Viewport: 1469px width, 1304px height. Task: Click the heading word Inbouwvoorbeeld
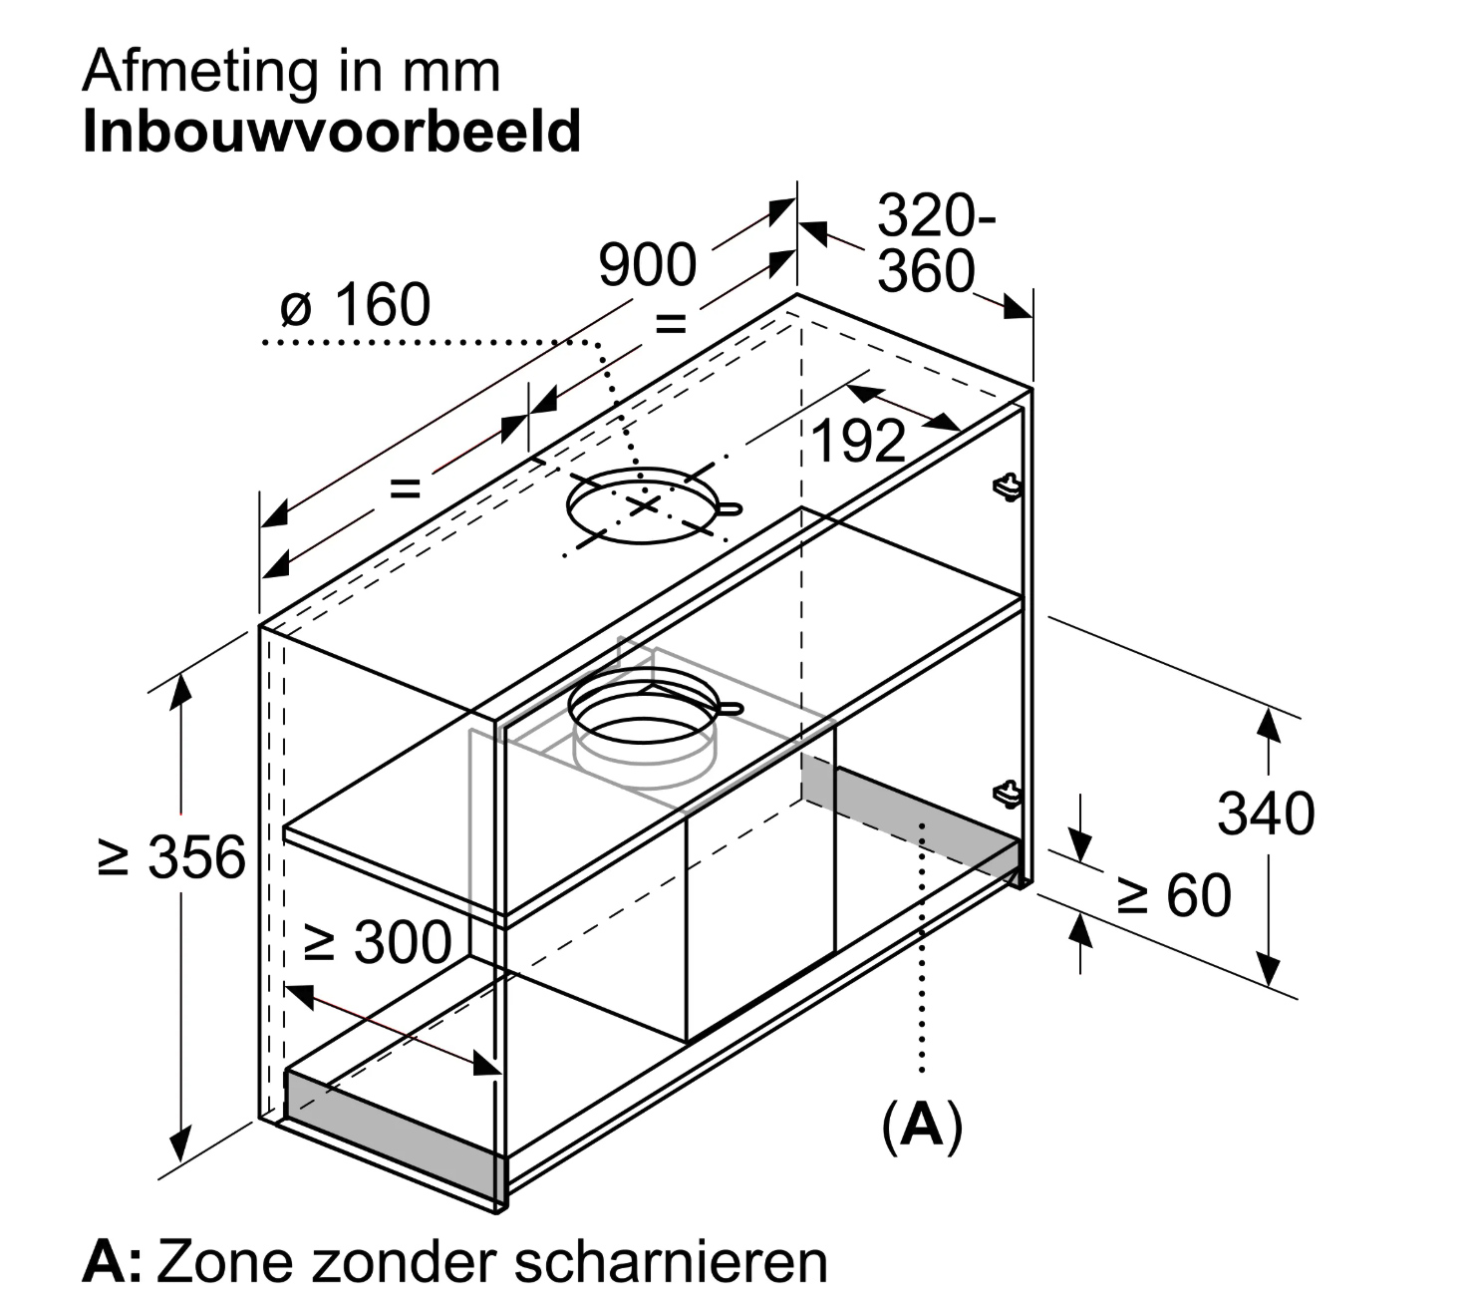coord(331,133)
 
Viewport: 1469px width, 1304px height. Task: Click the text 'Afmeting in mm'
coord(291,72)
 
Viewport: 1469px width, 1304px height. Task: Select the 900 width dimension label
coord(647,266)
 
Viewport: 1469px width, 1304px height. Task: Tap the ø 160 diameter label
coord(356,305)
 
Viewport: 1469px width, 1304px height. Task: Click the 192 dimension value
coord(858,441)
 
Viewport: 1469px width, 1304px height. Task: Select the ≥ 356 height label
coord(172,857)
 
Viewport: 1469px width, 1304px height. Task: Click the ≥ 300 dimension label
coord(378,942)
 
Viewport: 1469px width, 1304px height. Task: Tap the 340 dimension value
coord(1266,814)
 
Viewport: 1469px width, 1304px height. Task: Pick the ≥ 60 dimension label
coord(1174,895)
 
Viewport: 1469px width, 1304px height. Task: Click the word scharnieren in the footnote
coord(671,1261)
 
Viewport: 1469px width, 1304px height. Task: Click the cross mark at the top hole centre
coord(645,505)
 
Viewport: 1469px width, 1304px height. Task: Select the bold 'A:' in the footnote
coord(112,1261)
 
